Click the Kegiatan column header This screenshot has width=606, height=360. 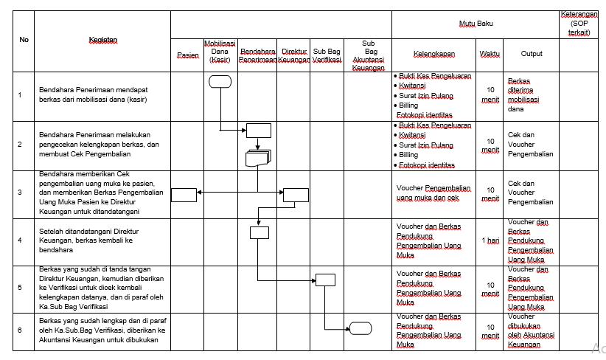coord(102,39)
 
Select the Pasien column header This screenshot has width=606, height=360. coord(188,55)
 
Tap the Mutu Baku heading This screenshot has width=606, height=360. coord(476,24)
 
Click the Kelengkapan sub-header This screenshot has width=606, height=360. coord(434,54)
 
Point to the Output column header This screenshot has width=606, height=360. coord(532,54)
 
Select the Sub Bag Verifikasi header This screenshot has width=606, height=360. coord(327,55)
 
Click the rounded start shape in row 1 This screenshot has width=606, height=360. coord(220,81)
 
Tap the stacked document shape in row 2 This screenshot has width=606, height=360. coord(258,157)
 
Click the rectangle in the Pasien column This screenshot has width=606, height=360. coord(184,195)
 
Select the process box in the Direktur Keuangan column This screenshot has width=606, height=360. coord(296,195)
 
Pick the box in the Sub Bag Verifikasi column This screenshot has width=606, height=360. coord(325,280)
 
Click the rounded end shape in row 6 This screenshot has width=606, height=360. coord(361,328)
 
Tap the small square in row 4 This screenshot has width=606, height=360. coord(259,232)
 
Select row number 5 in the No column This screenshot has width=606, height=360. coord(20,288)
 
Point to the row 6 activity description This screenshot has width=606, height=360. coord(102,331)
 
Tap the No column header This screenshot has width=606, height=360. coord(24,39)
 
